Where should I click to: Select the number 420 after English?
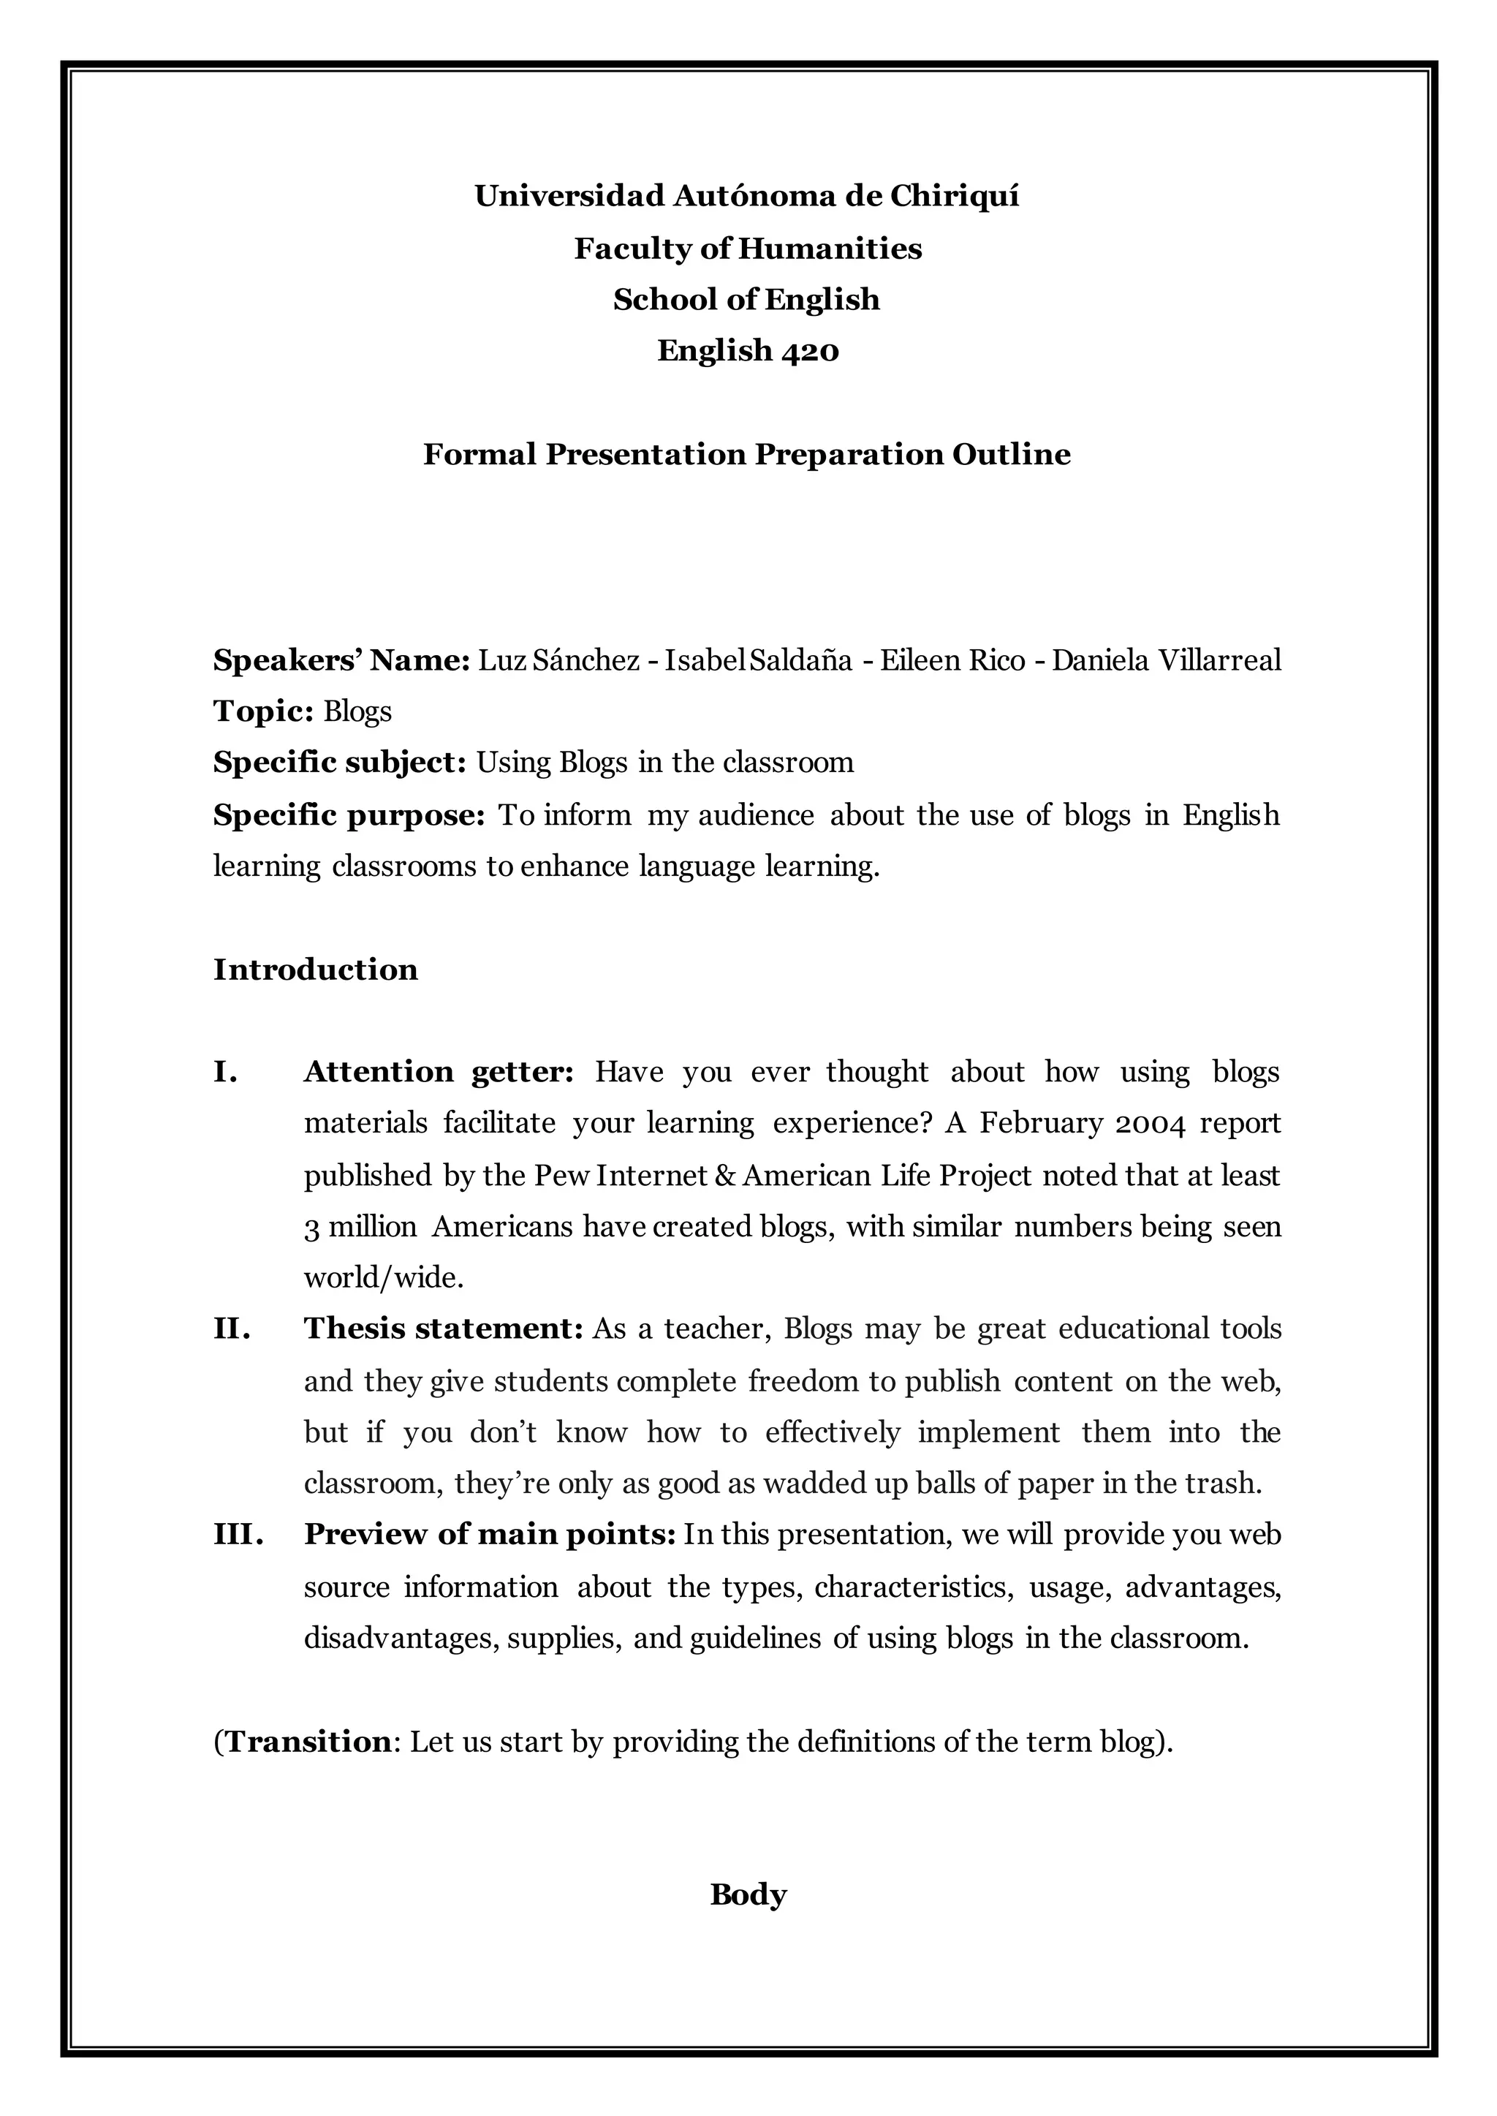(x=810, y=351)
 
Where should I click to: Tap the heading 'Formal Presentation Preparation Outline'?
(x=746, y=455)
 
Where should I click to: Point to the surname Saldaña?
(x=801, y=660)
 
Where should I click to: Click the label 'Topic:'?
(x=264, y=711)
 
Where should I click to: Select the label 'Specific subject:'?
(x=340, y=763)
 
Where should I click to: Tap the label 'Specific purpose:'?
(x=349, y=815)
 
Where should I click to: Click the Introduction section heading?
(x=315, y=969)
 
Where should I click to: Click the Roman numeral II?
(x=232, y=1329)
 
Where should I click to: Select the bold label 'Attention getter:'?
(x=439, y=1071)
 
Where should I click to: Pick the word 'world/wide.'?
(x=384, y=1278)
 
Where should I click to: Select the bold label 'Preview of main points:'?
(x=490, y=1534)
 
